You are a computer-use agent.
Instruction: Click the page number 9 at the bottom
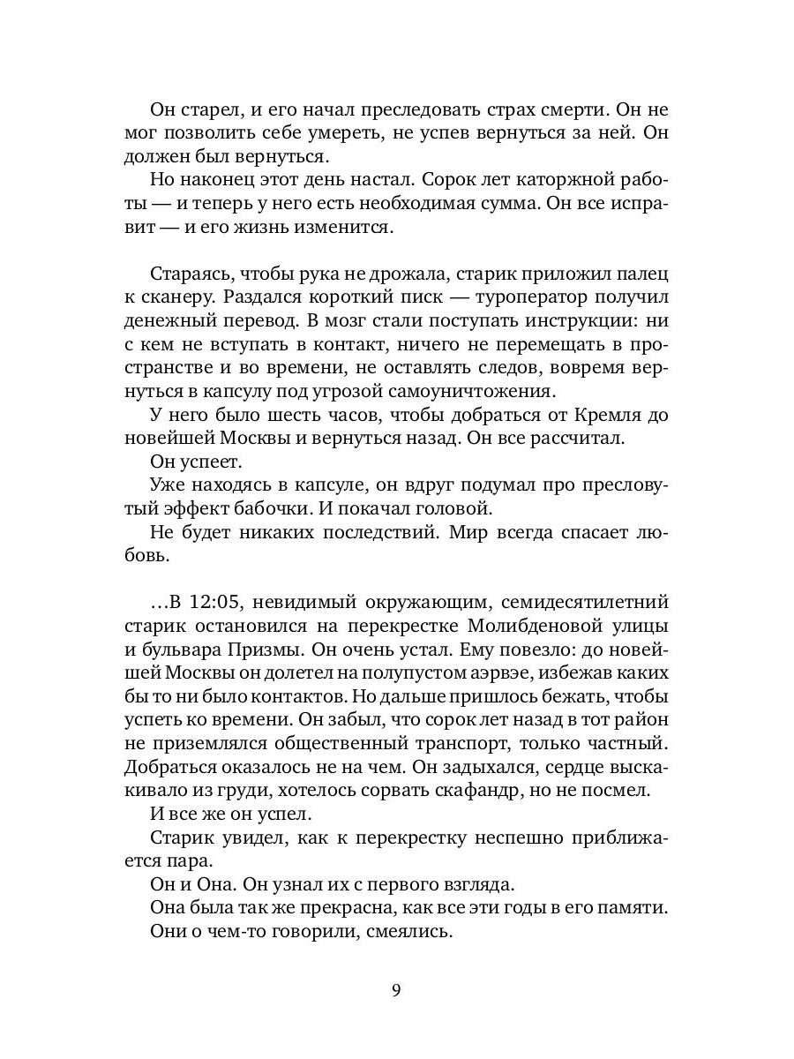pos(396,989)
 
